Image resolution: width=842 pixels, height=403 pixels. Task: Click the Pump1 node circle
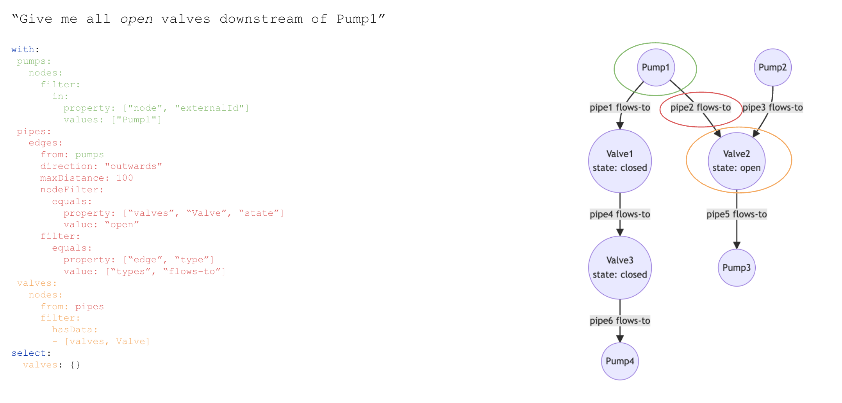pyautogui.click(x=656, y=67)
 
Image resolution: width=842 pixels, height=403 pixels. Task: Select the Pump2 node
pyautogui.click(x=772, y=67)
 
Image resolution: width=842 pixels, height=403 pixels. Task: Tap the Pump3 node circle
pyautogui.click(x=736, y=268)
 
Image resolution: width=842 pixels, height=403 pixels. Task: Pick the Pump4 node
pyautogui.click(x=620, y=361)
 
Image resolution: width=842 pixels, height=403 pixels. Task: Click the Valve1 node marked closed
pyautogui.click(x=620, y=161)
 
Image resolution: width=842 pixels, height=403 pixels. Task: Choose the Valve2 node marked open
pyautogui.click(x=736, y=161)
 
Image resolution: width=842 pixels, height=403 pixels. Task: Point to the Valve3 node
pyautogui.click(x=620, y=268)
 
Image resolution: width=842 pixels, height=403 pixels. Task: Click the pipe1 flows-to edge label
pyautogui.click(x=620, y=107)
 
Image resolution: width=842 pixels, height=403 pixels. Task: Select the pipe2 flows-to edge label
pyautogui.click(x=700, y=107)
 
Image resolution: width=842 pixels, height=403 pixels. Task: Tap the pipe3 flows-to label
pyautogui.click(x=772, y=107)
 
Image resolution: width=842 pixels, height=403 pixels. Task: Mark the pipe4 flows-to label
pyautogui.click(x=620, y=214)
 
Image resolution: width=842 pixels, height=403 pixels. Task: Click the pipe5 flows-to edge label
pyautogui.click(x=736, y=214)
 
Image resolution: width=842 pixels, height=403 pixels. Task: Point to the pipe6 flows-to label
pyautogui.click(x=620, y=321)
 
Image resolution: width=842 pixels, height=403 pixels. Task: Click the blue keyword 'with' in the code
pyautogui.click(x=23, y=50)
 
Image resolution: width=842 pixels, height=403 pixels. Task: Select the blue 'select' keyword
pyautogui.click(x=29, y=353)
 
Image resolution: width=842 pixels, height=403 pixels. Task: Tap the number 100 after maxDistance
pyautogui.click(x=125, y=178)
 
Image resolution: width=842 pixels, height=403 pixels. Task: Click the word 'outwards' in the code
pyautogui.click(x=134, y=167)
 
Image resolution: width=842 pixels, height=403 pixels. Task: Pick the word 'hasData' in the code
pyautogui.click(x=72, y=330)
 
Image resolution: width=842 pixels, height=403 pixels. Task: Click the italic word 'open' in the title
pyautogui.click(x=136, y=19)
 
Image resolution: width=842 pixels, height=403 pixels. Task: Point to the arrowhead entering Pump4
pyautogui.click(x=620, y=339)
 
